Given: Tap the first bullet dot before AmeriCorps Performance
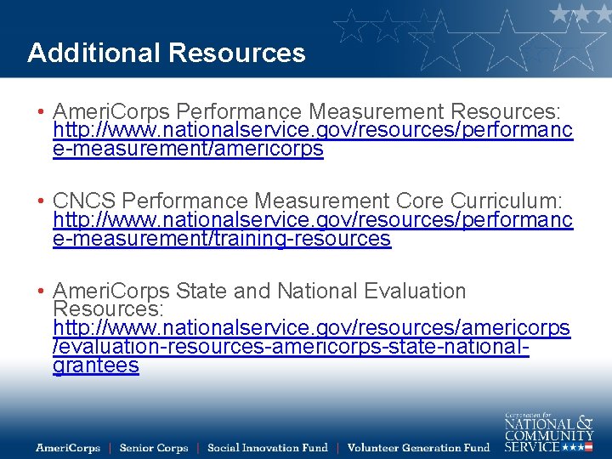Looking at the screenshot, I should tap(40, 112).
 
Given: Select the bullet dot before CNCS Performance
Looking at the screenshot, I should tap(40, 201).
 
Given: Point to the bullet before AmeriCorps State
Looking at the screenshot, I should tap(40, 292).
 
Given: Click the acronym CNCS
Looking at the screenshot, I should tap(85, 201).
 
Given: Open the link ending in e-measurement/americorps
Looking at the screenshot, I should tap(187, 150).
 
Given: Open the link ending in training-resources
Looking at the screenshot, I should tap(221, 239).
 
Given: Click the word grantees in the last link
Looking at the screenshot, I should tap(95, 366).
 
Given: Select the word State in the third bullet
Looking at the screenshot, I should tap(201, 292).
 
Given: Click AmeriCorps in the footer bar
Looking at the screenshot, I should tap(68, 448).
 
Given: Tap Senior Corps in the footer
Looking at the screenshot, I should tap(154, 448).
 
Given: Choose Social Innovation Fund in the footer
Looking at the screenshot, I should tap(267, 448).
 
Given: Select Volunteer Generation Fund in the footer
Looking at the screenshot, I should tap(418, 448).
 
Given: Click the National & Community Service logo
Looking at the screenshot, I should tap(548, 432).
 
